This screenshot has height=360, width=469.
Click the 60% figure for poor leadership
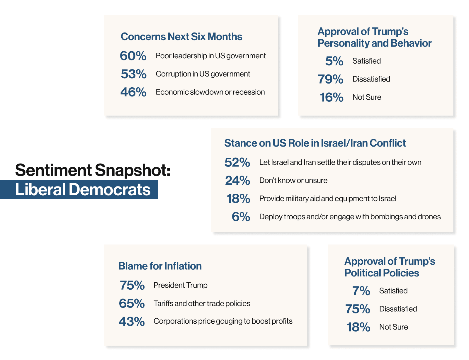click(x=133, y=56)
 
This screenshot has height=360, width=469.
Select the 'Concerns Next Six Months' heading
click(x=181, y=36)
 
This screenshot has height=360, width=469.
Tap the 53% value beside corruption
click(x=133, y=74)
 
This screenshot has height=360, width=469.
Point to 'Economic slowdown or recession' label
click(x=210, y=92)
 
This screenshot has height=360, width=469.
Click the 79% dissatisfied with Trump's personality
click(x=330, y=79)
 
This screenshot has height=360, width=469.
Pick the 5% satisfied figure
click(x=334, y=61)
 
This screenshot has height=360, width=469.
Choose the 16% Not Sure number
click(x=332, y=97)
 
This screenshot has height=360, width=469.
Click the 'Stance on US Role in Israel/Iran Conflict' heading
click(x=315, y=143)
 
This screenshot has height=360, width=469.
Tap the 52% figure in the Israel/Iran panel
click(x=237, y=162)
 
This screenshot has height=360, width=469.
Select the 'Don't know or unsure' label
click(x=293, y=180)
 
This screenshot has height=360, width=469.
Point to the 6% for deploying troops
click(x=241, y=217)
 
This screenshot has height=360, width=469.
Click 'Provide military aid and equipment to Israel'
click(x=328, y=198)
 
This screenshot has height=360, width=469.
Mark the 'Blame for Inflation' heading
click(x=160, y=266)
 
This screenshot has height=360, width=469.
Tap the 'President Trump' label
click(x=181, y=285)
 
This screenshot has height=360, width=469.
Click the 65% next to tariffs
click(x=132, y=303)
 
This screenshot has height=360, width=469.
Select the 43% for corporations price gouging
click(x=132, y=322)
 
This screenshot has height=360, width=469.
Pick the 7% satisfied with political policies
click(x=361, y=291)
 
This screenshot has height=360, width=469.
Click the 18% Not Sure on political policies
click(x=358, y=327)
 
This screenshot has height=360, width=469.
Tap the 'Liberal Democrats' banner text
click(x=83, y=189)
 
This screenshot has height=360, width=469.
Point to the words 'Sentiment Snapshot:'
click(x=93, y=170)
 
